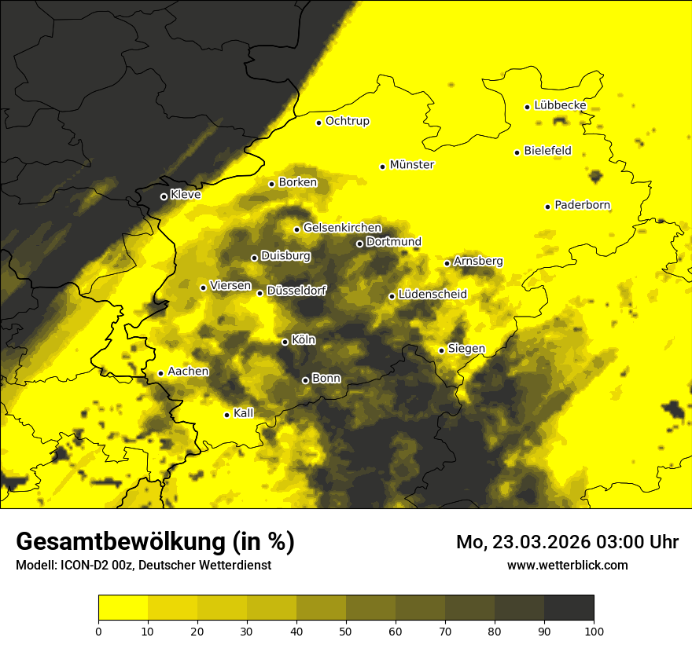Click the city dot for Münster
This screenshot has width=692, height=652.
383,167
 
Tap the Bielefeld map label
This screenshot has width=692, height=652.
547,151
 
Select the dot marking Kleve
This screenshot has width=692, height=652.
164,196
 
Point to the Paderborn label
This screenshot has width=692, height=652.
582,205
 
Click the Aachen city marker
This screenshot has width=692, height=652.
160,373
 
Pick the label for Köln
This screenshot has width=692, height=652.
303,340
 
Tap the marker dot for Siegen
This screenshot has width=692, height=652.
442,350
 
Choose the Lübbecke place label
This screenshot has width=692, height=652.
560,105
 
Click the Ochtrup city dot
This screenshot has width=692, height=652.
319,123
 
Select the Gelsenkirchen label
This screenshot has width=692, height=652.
342,228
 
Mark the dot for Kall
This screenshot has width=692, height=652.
227,415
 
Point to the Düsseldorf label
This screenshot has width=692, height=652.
296,291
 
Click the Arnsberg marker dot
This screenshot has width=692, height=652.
447,263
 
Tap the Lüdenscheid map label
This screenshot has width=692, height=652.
432,295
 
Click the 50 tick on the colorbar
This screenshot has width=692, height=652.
346,630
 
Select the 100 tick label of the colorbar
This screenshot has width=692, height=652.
593,630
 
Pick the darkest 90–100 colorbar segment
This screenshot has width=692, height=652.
569,608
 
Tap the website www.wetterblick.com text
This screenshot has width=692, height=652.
567,565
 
